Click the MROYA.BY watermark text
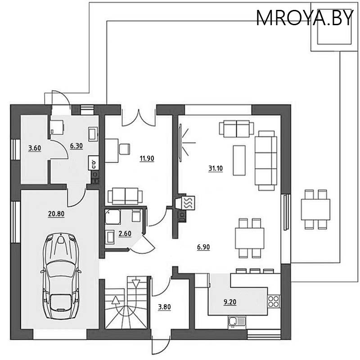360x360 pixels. click(305, 18)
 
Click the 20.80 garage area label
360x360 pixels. click(56, 215)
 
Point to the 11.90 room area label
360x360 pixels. click(147, 158)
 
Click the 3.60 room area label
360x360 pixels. click(35, 148)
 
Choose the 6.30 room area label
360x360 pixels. click(76, 146)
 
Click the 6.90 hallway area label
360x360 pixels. click(203, 247)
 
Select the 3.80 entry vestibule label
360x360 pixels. click(164, 308)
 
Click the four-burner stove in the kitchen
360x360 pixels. click(274, 301)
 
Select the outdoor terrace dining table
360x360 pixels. click(315, 209)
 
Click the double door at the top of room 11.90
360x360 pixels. click(138, 116)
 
